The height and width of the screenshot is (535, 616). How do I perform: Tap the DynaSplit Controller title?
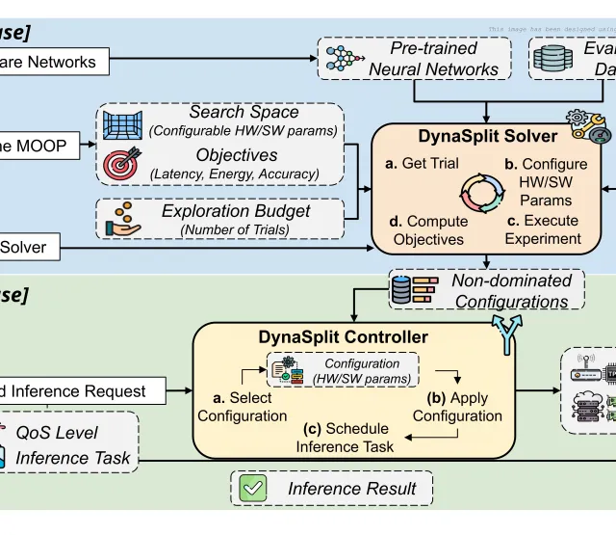tap(344, 337)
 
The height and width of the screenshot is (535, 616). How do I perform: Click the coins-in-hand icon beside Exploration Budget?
tap(124, 219)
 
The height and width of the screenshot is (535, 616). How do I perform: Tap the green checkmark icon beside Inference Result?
tap(253, 488)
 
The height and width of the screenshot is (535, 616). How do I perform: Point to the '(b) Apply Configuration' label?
tap(457, 407)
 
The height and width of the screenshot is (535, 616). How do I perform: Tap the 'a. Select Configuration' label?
tap(243, 407)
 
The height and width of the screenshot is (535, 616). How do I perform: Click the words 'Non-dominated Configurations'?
tap(511, 291)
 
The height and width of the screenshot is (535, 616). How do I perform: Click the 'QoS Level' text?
tap(57, 433)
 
